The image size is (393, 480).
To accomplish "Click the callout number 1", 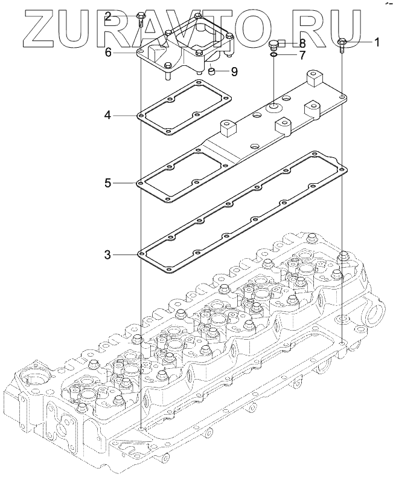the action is (x=377, y=42).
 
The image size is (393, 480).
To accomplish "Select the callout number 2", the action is (x=107, y=16).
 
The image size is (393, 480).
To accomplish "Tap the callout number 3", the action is (x=107, y=255).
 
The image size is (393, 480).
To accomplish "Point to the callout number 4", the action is (x=107, y=115).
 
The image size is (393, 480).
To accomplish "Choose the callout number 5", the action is (x=107, y=183).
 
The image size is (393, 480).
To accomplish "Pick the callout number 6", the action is (x=108, y=53).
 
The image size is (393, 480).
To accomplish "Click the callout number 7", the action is (x=302, y=56).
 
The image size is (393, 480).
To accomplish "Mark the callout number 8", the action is (x=302, y=42).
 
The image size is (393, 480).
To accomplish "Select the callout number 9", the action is (x=234, y=72).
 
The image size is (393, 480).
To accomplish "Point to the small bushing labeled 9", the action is (x=211, y=72).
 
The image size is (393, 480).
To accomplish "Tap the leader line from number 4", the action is (x=125, y=115).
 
